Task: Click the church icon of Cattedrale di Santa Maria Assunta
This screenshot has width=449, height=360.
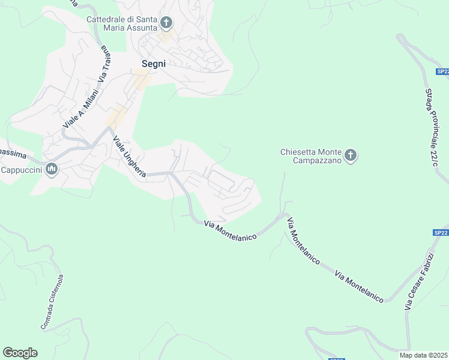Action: pos(166,24)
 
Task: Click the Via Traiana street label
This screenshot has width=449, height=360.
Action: pos(106,63)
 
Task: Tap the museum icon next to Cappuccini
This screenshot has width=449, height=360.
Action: pos(51,170)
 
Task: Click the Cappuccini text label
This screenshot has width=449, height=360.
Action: pos(20,170)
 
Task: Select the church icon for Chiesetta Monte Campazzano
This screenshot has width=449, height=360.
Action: pos(351,156)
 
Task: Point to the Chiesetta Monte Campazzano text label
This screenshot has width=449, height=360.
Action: pos(310,156)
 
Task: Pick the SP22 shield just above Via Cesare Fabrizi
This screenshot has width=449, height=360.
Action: pos(440,233)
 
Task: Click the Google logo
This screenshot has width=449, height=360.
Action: pos(20,353)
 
